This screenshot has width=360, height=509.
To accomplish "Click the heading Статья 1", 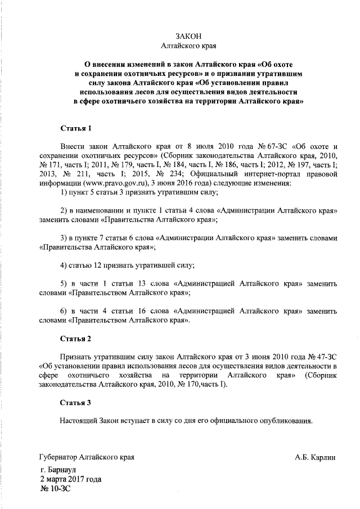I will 75,129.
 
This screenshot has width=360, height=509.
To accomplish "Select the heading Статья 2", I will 75,339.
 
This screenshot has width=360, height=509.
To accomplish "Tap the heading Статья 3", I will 75,403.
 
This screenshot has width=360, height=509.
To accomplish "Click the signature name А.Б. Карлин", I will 314,457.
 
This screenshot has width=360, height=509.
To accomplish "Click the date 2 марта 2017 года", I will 70,479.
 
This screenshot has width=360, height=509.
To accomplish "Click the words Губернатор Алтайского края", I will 87,457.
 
